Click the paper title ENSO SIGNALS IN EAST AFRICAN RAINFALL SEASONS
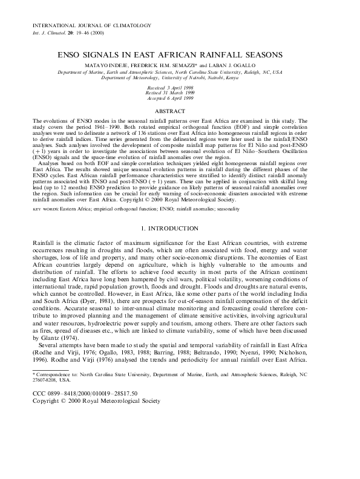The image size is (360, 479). tap(180, 54)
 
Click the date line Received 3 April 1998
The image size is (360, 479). tap(180, 88)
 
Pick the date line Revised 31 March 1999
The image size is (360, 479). tap(180, 93)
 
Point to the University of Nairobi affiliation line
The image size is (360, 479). tap(180, 78)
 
